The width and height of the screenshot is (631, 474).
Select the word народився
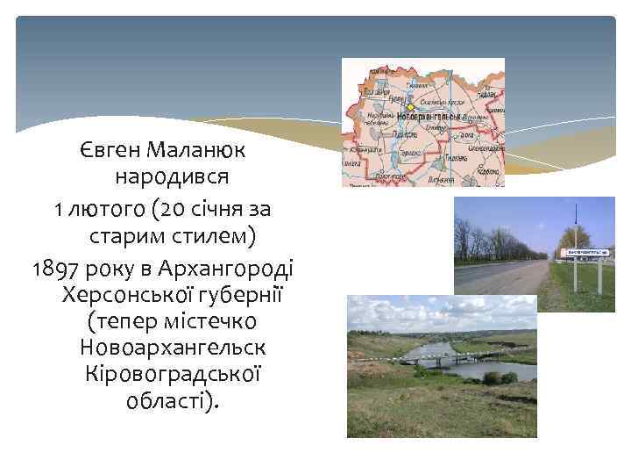(x=173, y=177)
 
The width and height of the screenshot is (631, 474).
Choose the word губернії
(x=236, y=292)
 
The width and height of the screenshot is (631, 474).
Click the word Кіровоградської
(x=173, y=374)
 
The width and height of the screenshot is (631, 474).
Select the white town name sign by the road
(x=582, y=254)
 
